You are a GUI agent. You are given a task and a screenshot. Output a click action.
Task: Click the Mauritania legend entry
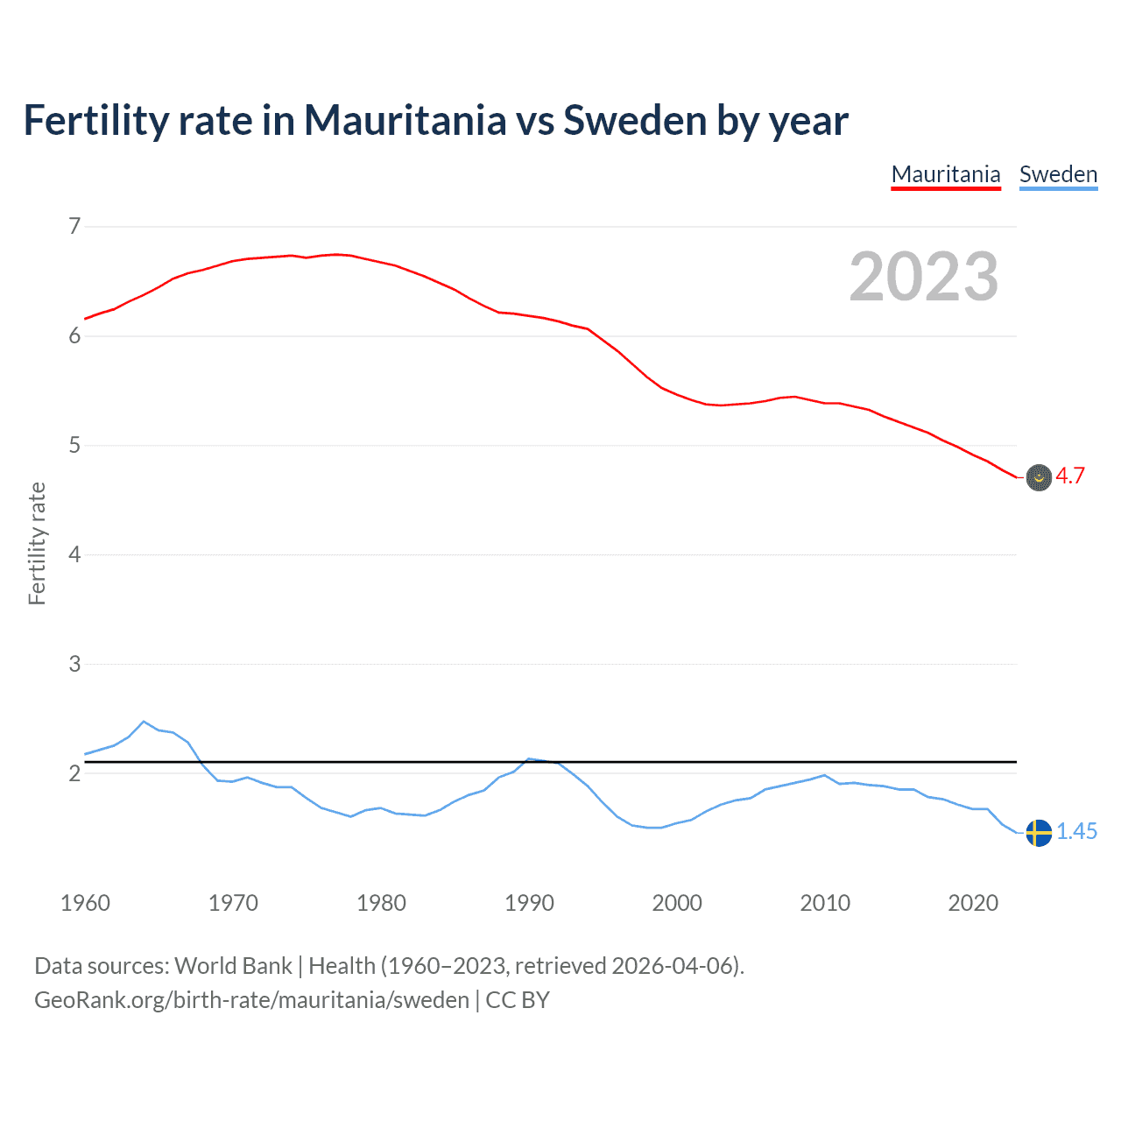pyautogui.click(x=945, y=174)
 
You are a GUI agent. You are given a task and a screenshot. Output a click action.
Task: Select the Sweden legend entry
pyautogui.click(x=1058, y=174)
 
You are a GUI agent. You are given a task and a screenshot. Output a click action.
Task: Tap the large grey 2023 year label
pyautogui.click(x=924, y=277)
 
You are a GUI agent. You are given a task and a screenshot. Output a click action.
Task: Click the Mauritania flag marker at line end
pyautogui.click(x=1039, y=477)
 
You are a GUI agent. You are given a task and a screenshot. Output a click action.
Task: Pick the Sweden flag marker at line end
pyautogui.click(x=1039, y=833)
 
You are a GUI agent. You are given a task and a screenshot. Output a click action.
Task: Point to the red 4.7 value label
pyautogui.click(x=1070, y=476)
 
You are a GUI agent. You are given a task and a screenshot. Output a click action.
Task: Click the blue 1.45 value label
pyautogui.click(x=1076, y=832)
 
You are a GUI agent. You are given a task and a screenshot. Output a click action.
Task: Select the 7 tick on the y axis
pyautogui.click(x=74, y=227)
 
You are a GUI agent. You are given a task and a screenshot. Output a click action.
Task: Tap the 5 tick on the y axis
pyautogui.click(x=74, y=446)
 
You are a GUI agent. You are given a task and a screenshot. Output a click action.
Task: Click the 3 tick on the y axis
pyautogui.click(x=74, y=664)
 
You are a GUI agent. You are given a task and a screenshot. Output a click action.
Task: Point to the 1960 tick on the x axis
pyautogui.click(x=85, y=903)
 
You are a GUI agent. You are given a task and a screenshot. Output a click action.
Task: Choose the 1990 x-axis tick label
pyautogui.click(x=529, y=903)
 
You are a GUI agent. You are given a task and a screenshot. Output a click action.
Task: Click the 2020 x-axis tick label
pyautogui.click(x=973, y=903)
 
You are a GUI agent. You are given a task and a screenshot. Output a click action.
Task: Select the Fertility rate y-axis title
pyautogui.click(x=37, y=543)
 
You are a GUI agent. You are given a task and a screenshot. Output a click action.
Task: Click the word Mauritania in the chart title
pyautogui.click(x=405, y=121)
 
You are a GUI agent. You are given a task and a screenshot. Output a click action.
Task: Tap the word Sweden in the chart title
pyautogui.click(x=634, y=121)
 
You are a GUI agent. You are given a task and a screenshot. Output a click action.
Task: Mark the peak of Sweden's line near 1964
pyautogui.click(x=144, y=722)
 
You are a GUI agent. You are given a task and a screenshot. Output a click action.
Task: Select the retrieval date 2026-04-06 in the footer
pyautogui.click(x=672, y=966)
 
